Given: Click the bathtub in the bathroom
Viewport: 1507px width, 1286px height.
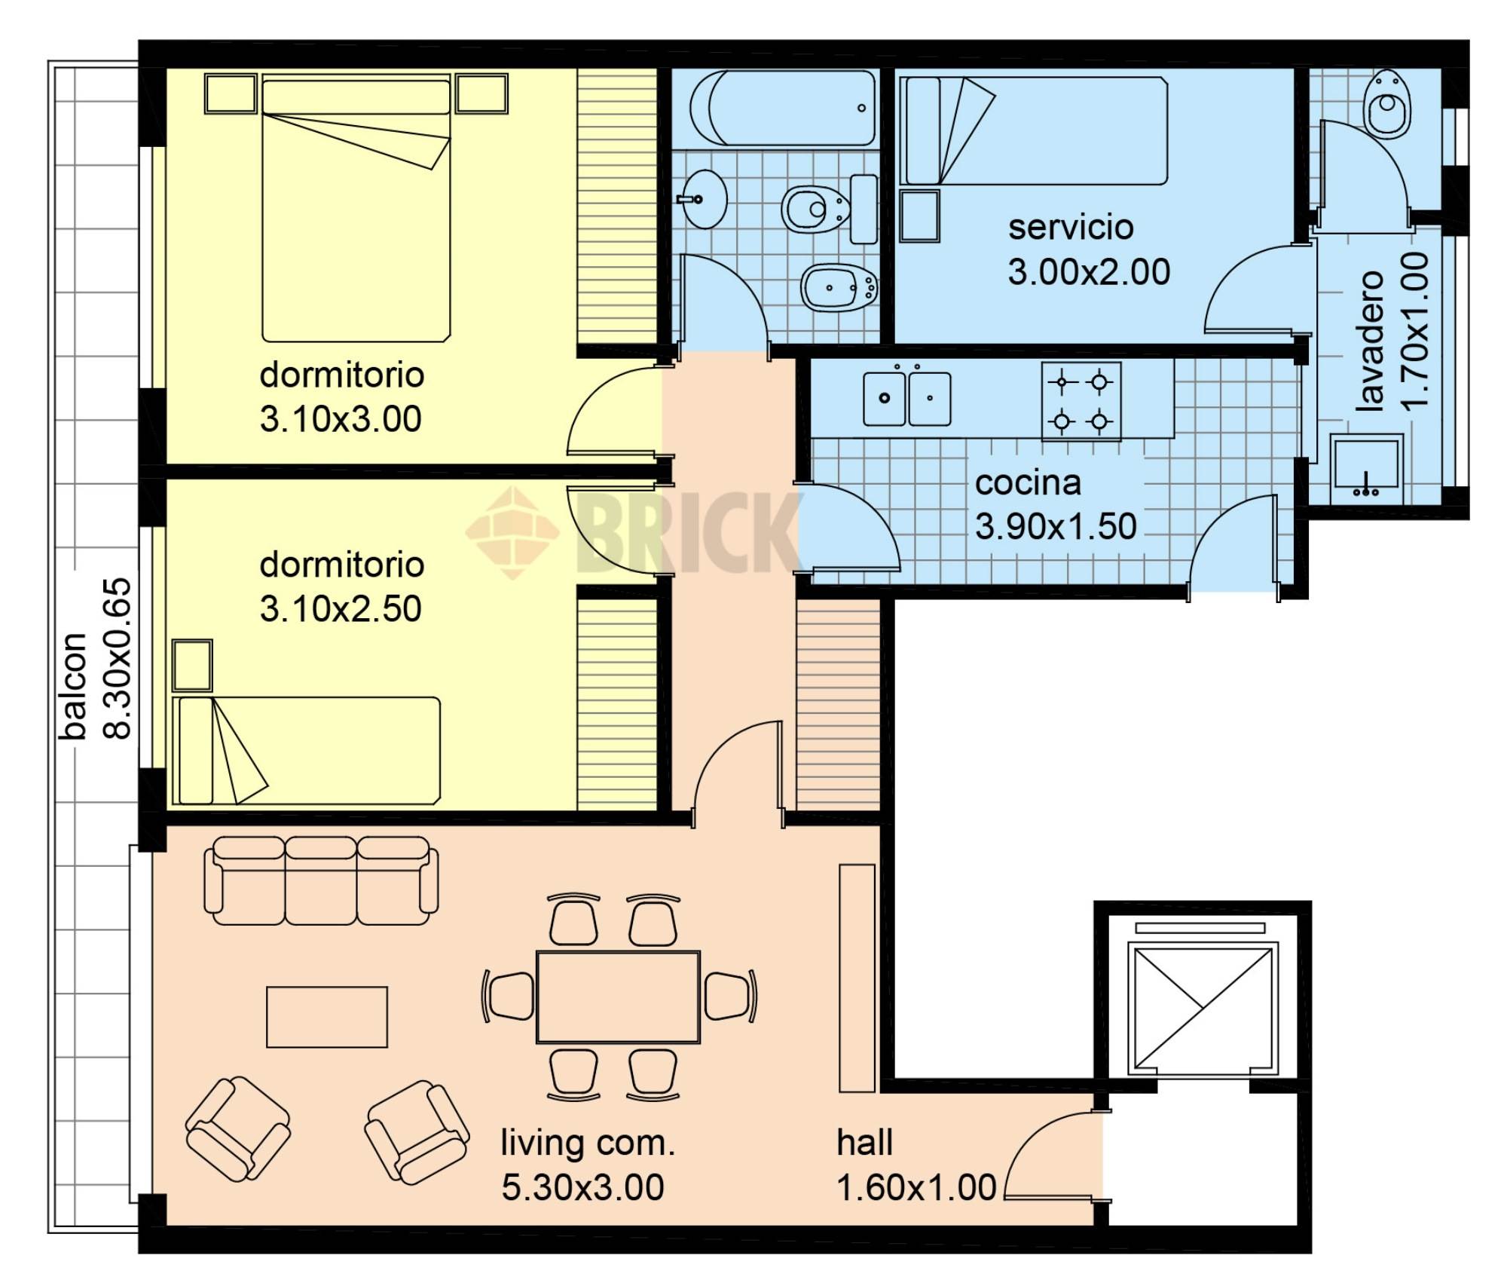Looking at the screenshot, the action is point(784,108).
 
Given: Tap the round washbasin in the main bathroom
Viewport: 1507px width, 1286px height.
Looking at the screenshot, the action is point(702,199).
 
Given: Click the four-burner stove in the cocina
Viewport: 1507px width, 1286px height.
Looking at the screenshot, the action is point(1081,402).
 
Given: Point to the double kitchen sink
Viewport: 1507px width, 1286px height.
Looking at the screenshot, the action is point(906,397).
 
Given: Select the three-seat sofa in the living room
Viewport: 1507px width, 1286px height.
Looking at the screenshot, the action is point(322,880).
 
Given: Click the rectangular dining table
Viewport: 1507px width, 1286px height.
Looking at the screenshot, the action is point(618,997).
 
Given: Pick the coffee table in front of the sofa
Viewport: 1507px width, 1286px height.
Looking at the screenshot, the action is point(327,1017).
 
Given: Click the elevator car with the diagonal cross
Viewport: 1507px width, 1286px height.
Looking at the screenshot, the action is point(1203,1009).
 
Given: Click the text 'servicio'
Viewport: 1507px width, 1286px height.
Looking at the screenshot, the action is point(1071,228).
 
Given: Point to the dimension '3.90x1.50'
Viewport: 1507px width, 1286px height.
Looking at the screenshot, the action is point(1056,526).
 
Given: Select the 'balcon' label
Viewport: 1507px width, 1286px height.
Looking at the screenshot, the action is point(75,685).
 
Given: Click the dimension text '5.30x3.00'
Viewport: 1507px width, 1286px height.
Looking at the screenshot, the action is point(582,1188).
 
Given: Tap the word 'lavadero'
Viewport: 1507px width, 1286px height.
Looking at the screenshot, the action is point(1370,341).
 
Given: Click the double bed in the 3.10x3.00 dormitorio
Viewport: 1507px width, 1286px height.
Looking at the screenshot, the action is point(356,207).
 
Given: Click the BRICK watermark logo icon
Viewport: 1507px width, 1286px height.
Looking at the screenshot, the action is point(513,532).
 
